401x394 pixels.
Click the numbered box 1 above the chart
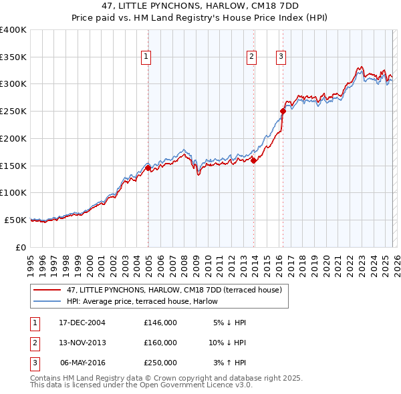tap(146, 57)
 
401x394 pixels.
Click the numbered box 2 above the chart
tap(252, 57)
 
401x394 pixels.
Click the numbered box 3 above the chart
tap(281, 57)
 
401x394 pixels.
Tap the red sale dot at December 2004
tap(148, 168)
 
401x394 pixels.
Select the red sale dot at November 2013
tap(254, 160)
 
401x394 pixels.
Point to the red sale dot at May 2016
tap(283, 112)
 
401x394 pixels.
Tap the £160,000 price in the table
tap(160, 343)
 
